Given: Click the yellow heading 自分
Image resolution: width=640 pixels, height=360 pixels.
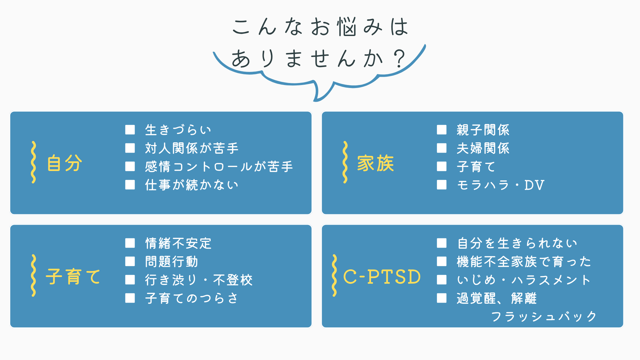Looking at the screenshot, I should point(64,163).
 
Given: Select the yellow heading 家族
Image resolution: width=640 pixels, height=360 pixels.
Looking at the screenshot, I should point(376,163).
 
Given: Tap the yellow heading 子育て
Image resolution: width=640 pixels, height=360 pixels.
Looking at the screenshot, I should point(73,276).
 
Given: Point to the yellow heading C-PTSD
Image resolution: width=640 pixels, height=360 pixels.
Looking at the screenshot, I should point(382,277).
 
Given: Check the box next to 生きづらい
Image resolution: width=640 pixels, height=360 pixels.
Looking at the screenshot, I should point(130,130).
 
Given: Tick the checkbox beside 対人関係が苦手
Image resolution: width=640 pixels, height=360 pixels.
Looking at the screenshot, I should point(130,148).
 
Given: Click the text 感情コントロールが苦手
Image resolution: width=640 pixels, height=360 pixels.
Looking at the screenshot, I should point(219,166).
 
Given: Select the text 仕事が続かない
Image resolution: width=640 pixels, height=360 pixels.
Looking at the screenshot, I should point(192,185).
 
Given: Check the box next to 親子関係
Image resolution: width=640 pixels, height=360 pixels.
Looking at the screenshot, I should point(442,130).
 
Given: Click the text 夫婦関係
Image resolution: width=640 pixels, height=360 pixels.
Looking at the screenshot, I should point(483,148).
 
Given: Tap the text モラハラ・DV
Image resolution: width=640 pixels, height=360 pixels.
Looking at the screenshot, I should point(500,185).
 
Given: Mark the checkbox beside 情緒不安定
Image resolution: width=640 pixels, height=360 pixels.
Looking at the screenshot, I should point(130,243).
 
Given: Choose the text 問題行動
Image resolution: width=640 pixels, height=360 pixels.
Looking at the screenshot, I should point(172,261).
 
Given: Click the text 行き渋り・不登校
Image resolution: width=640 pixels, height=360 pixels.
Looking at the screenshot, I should point(199,280).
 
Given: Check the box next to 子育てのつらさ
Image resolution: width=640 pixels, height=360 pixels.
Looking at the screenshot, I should point(130,298).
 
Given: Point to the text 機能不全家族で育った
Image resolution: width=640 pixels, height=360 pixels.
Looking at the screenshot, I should point(524,261).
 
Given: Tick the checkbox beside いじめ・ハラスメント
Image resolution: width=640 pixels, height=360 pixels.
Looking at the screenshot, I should point(442,280).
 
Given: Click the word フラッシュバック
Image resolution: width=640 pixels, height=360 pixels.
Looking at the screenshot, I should point(544,316).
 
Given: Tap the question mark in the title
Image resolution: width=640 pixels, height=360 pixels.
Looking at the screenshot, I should point(399,59).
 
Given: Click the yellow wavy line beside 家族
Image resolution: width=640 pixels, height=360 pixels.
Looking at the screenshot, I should point(345,162).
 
